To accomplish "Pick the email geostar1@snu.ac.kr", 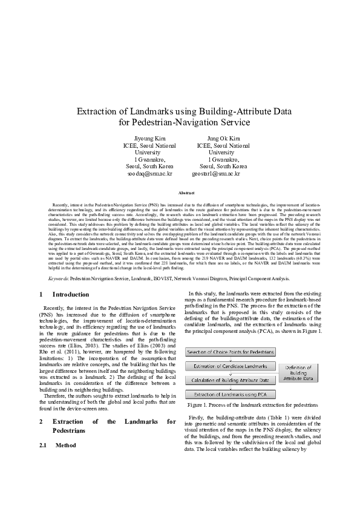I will [x=216, y=173].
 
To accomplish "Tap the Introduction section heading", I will [x=71, y=295].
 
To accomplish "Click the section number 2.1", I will [x=43, y=444].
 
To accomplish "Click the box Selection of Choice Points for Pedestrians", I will [x=231, y=351].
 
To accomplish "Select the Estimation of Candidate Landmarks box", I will [x=231, y=366].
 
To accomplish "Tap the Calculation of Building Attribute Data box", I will [x=231, y=380].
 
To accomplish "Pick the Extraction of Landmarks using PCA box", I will [x=231, y=394].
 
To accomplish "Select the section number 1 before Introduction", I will [x=41, y=295].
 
